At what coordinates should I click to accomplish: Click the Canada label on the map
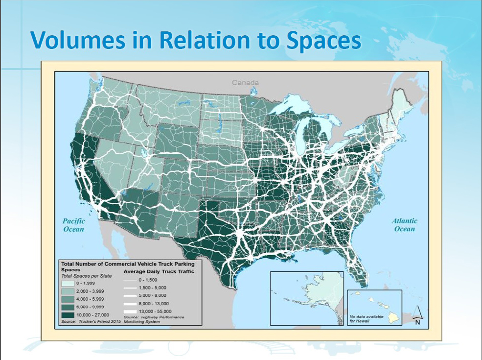(245, 82)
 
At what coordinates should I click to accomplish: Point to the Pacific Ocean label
(73, 225)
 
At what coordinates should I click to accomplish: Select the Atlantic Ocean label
(404, 225)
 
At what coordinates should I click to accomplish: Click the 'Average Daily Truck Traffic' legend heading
(159, 271)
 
